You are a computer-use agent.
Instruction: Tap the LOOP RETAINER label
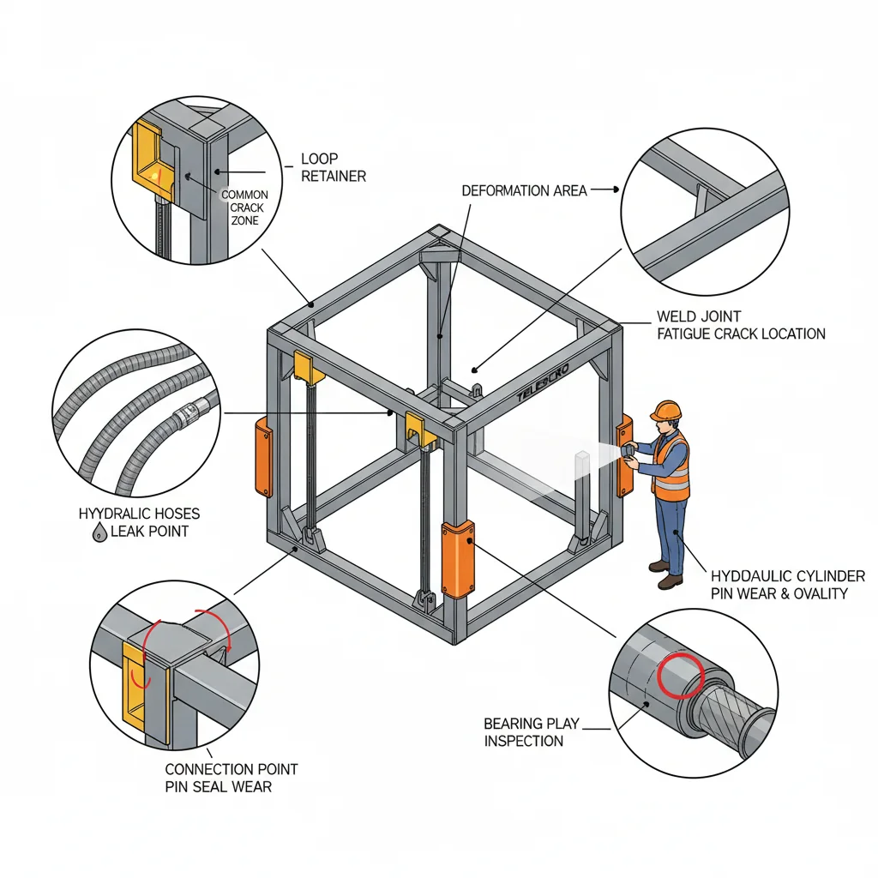(333, 167)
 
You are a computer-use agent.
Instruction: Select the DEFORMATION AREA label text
(524, 190)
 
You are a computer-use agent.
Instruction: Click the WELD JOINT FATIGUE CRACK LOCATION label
(741, 325)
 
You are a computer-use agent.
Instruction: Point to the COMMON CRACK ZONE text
(244, 207)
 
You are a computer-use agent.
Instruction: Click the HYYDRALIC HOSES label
(139, 514)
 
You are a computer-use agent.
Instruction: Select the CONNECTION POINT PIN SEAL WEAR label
(219, 778)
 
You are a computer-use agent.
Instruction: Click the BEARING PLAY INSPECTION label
(526, 732)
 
